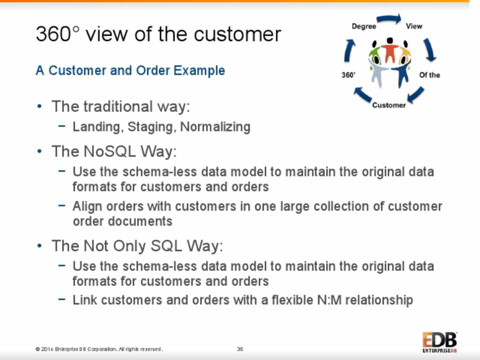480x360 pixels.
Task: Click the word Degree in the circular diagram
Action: click(363, 26)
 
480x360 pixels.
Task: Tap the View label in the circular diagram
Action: click(414, 26)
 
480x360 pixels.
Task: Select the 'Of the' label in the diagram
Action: click(429, 75)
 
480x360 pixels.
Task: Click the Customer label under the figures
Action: click(389, 105)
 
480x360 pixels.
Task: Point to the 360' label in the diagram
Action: click(348, 75)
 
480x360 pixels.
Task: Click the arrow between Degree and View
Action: click(389, 18)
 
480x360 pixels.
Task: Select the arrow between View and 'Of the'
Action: click(430, 49)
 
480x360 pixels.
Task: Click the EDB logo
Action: click(440, 342)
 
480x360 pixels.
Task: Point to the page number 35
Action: click(240, 349)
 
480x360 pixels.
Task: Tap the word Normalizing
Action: click(215, 127)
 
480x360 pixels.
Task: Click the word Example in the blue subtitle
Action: click(199, 70)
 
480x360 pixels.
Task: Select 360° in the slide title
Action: click(57, 33)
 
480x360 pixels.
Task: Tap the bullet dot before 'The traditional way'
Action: click(39, 106)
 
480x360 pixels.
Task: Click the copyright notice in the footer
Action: click(99, 349)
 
